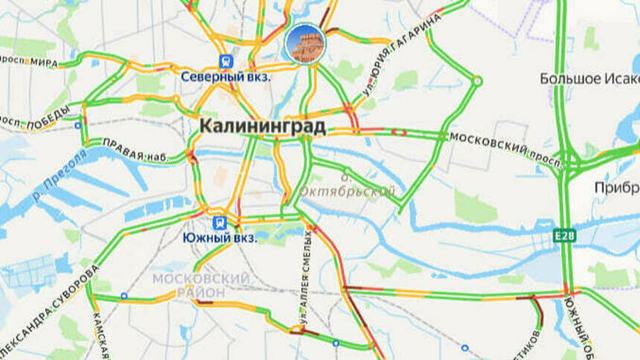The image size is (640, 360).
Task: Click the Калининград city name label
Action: click(262, 127)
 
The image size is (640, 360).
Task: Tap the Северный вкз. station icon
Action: click(225, 62)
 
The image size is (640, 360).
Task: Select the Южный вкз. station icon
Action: click(220, 222)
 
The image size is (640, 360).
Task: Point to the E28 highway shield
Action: click(564, 236)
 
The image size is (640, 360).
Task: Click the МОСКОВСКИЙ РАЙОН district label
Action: click(201, 285)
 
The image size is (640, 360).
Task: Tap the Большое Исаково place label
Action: click(590, 78)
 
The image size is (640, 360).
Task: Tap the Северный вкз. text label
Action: click(225, 76)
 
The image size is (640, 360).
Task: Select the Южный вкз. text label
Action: click(220, 238)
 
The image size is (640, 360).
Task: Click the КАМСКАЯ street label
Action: click(99, 335)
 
